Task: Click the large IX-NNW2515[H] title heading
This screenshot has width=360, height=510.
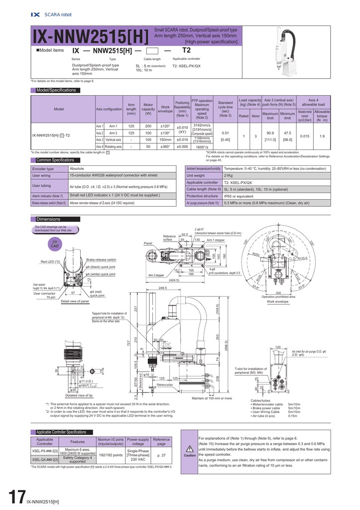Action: point(91,37)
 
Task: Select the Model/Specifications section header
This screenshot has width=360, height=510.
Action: point(56,90)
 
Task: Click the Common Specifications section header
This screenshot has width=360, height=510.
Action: point(55,160)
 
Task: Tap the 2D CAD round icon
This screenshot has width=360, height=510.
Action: point(55,244)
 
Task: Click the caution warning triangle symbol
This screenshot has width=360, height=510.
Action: point(189,448)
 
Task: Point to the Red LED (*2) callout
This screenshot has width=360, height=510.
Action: point(50,261)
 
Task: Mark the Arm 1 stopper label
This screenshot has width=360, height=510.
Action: point(216,240)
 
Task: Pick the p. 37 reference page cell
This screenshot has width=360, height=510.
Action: point(161,455)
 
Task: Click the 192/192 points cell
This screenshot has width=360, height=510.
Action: point(111,455)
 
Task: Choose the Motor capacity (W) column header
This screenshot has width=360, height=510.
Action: point(148,109)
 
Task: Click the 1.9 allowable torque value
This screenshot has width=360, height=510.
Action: point(322,135)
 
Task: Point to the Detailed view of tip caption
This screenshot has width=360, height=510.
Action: point(79,395)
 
